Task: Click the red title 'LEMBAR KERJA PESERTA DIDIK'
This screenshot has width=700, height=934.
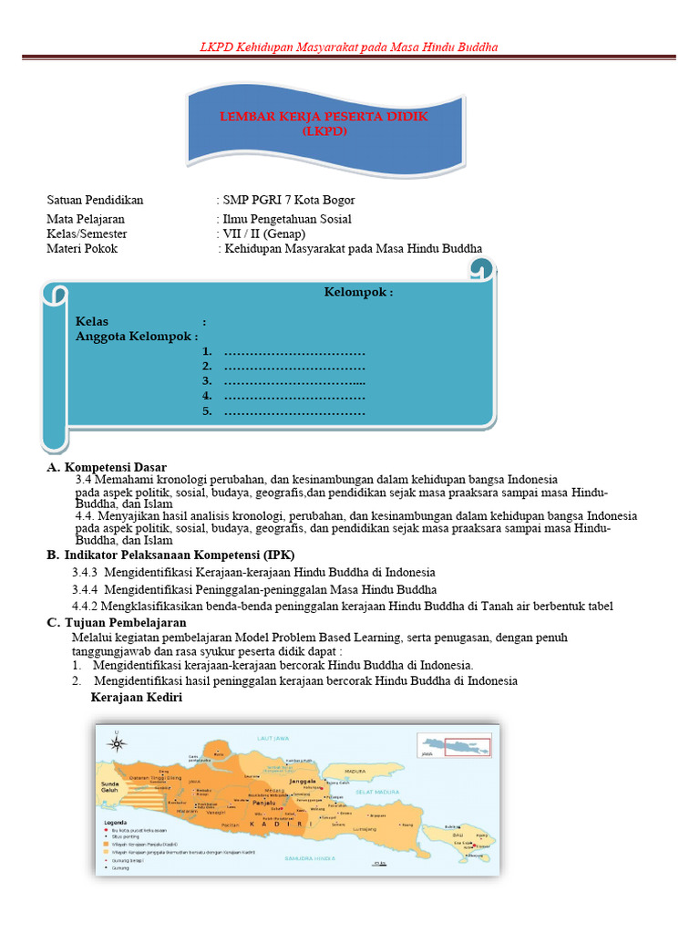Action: [x=324, y=118]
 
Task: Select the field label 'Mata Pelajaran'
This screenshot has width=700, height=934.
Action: [x=86, y=219]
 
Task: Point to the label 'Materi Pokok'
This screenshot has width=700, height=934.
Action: [x=82, y=248]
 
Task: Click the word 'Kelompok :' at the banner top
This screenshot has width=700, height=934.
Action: [x=359, y=292]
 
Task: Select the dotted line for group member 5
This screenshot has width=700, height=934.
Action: [x=294, y=412]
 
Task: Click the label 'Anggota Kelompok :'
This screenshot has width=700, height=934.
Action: [x=137, y=337]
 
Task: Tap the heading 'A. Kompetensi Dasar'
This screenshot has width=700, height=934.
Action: [x=107, y=467]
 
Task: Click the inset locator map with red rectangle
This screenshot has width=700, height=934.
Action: [x=454, y=745]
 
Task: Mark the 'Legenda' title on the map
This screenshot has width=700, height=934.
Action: [x=114, y=822]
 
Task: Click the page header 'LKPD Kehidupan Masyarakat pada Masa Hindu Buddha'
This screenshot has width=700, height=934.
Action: [x=349, y=47]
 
